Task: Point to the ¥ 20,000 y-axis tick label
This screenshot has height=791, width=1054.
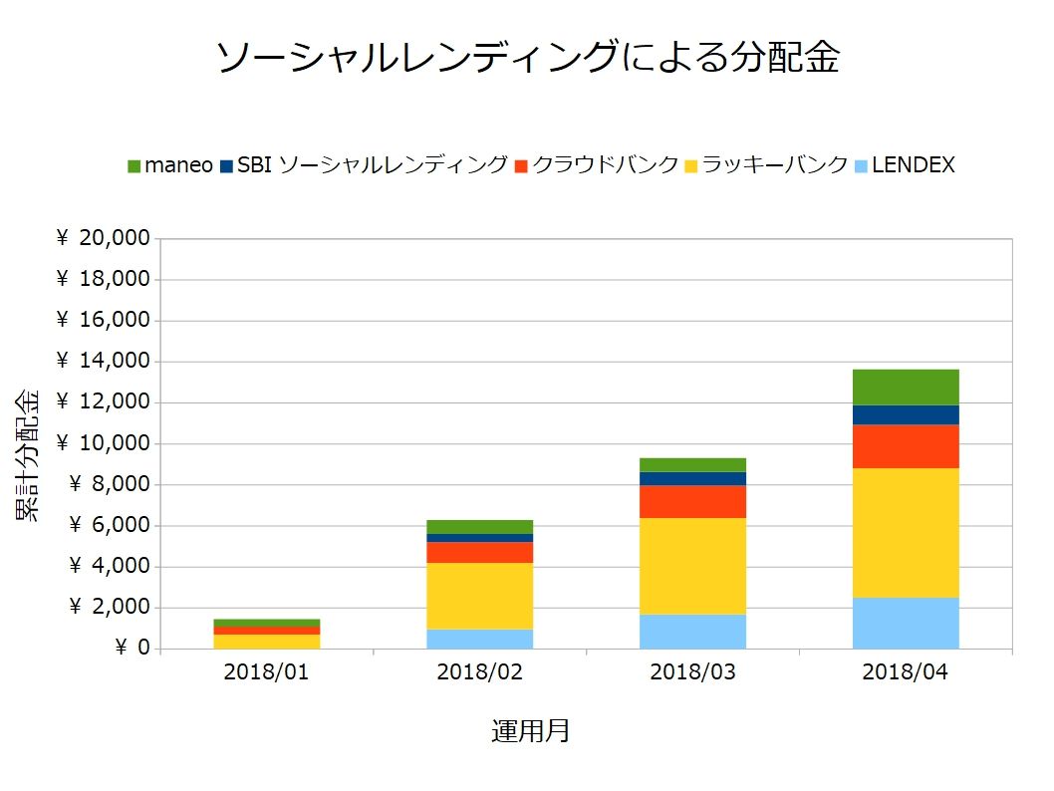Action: [104, 238]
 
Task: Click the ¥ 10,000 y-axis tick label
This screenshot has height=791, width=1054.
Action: [104, 443]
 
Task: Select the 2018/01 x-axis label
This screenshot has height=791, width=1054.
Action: [266, 672]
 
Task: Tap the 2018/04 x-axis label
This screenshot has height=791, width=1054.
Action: [906, 672]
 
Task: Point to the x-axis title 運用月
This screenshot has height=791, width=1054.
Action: [531, 732]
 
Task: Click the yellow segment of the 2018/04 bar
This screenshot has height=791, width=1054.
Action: [906, 533]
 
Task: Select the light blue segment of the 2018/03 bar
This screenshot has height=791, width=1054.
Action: [692, 632]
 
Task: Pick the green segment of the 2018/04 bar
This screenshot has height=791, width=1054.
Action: [906, 388]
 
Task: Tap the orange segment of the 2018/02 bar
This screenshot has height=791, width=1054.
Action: [479, 553]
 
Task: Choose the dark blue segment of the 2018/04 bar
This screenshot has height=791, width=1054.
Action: [906, 415]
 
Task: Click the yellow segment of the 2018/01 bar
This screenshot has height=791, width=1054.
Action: [266, 642]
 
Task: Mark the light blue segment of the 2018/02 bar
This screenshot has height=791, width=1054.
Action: [479, 639]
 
